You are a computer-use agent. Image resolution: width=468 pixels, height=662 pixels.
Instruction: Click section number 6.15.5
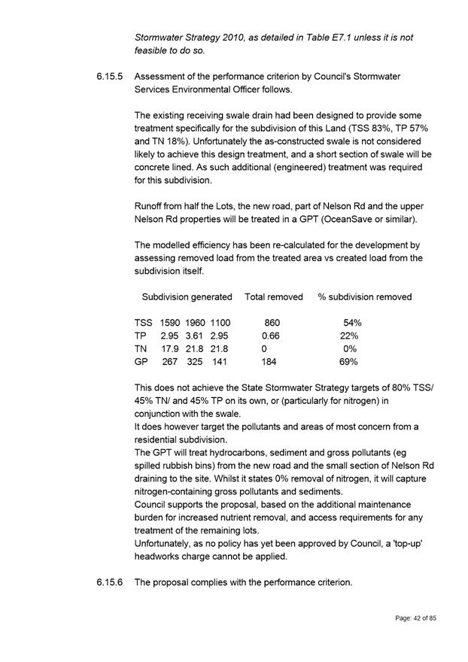[x=110, y=76]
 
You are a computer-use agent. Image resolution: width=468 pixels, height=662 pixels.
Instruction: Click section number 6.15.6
[x=110, y=582]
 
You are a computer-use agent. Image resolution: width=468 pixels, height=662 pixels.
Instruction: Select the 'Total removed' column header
[x=273, y=297]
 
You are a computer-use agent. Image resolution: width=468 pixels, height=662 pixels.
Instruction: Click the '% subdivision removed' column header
[x=364, y=297]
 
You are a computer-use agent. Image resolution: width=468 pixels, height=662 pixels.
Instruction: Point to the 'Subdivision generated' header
[x=187, y=297]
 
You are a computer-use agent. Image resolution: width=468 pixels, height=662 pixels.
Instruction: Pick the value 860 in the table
[x=272, y=323]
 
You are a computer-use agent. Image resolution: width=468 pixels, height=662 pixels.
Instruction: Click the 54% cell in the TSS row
[x=352, y=323]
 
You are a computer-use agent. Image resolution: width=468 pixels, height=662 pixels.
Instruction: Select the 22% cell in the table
[x=349, y=336]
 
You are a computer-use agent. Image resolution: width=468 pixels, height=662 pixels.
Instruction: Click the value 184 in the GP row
[x=269, y=363]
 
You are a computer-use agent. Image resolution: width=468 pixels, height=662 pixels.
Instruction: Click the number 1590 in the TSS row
[x=169, y=323]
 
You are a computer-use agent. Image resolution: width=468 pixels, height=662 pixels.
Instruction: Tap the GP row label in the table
[x=141, y=363]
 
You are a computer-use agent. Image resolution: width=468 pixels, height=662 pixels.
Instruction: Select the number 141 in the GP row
[x=219, y=363]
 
